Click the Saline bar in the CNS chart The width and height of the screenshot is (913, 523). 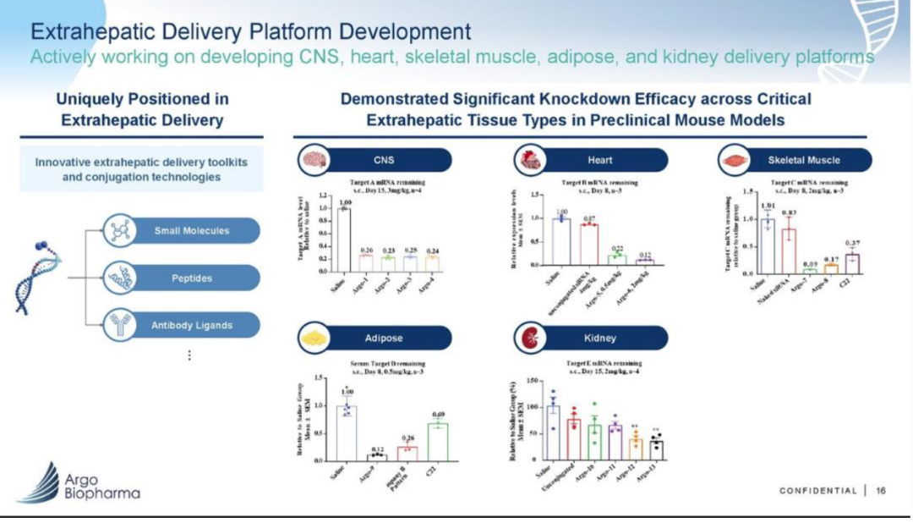(x=344, y=239)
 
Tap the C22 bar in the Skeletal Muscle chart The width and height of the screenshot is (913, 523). (x=853, y=263)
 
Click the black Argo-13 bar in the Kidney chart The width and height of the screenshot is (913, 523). (x=656, y=449)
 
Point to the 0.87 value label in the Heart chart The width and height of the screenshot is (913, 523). (x=589, y=218)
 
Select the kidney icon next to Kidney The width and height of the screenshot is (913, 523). (x=529, y=339)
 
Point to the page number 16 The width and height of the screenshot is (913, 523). (x=881, y=490)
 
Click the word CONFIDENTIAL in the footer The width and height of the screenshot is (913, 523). (x=817, y=491)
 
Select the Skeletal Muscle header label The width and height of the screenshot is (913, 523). (x=804, y=160)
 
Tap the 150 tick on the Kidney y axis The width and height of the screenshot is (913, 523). (x=533, y=382)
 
